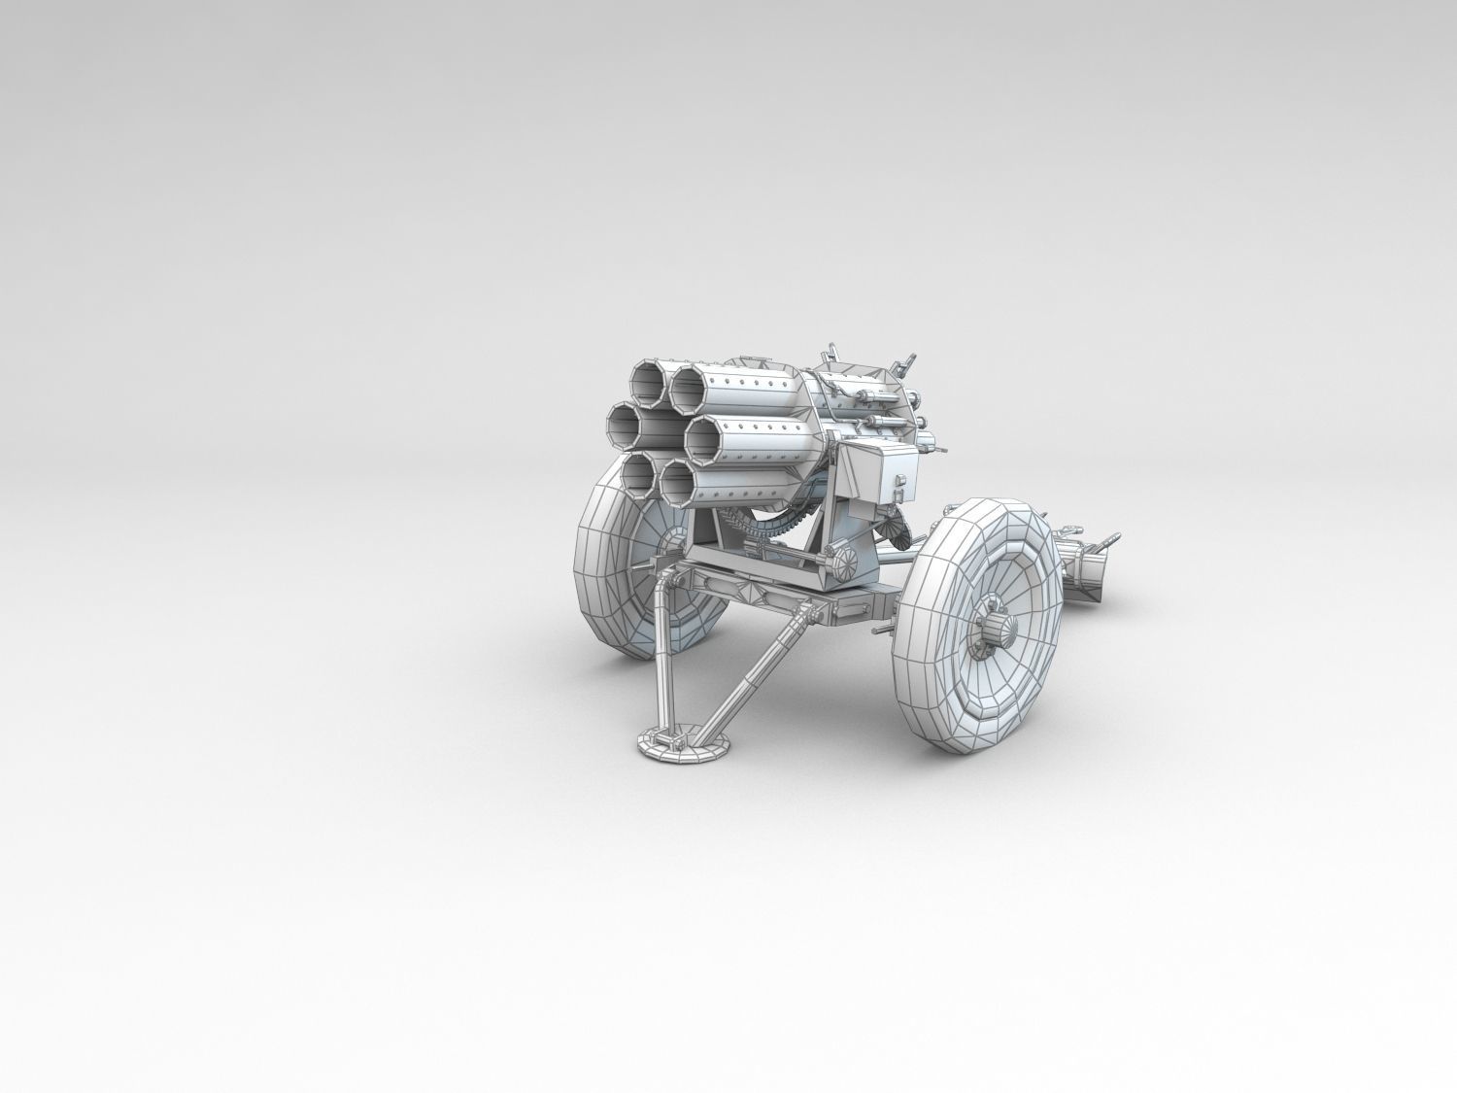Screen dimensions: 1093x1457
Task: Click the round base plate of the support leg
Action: [684, 746]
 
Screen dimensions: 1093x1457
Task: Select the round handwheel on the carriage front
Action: [843, 561]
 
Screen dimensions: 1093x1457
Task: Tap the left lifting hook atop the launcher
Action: [832, 353]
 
